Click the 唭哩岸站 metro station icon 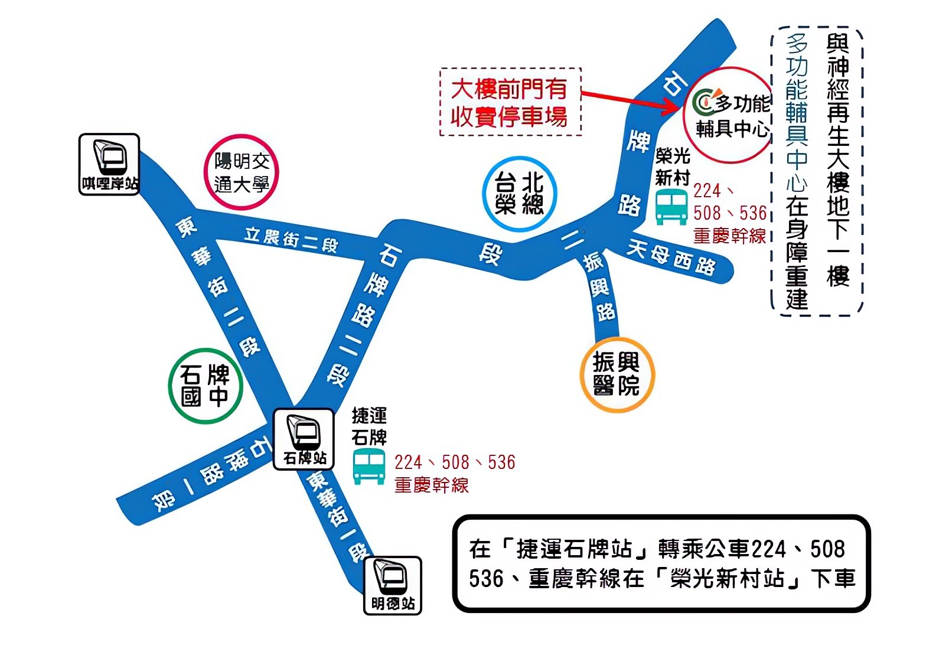coord(109,164)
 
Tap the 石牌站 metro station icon coord(304,439)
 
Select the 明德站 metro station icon coord(392,585)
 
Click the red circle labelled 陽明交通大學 coord(241,172)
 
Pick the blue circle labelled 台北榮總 coord(519,194)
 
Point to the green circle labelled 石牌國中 coord(205,386)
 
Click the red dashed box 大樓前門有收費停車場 coord(510,102)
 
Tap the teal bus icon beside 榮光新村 coord(672,206)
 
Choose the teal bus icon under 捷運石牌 coord(369,467)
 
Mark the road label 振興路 coord(599,286)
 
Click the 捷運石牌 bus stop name coord(369,426)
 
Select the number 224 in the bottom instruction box coord(768,549)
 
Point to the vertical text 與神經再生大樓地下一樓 coord(837,159)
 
